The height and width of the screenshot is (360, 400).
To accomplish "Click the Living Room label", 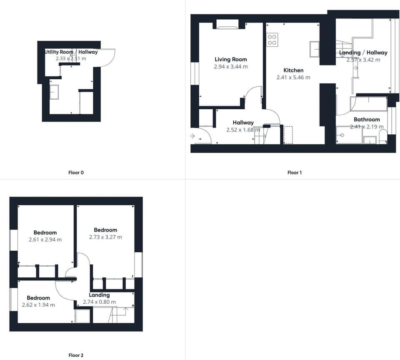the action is (231, 60).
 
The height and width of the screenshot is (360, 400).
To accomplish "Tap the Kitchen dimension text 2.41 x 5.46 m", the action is (293, 77).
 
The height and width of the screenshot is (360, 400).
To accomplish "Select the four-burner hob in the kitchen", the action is (272, 40).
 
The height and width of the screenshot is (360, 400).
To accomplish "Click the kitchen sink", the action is (315, 49).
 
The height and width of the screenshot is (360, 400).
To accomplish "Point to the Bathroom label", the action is (367, 119).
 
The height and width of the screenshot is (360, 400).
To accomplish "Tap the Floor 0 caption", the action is (76, 173).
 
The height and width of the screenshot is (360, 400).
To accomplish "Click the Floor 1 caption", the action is (295, 173).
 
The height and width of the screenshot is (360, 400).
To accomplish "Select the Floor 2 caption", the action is (76, 355).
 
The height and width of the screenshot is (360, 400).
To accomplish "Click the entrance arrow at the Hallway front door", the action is (192, 136).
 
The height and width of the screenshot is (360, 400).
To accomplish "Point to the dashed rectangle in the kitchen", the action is (288, 135).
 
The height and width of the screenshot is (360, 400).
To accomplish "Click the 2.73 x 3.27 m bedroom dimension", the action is (105, 237).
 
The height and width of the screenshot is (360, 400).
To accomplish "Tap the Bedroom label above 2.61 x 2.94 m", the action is (45, 233).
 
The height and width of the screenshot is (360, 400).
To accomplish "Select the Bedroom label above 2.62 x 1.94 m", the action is (38, 298).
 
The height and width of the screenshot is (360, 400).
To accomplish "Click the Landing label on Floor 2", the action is (99, 295).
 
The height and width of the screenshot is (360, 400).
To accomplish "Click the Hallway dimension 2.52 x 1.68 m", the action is (243, 130).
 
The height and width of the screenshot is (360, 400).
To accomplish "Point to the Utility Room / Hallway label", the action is (71, 52).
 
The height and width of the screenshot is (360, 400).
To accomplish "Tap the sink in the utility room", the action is (54, 92).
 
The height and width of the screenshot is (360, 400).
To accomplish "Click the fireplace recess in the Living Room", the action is (227, 25).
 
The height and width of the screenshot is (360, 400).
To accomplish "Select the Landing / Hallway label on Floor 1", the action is (363, 53).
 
